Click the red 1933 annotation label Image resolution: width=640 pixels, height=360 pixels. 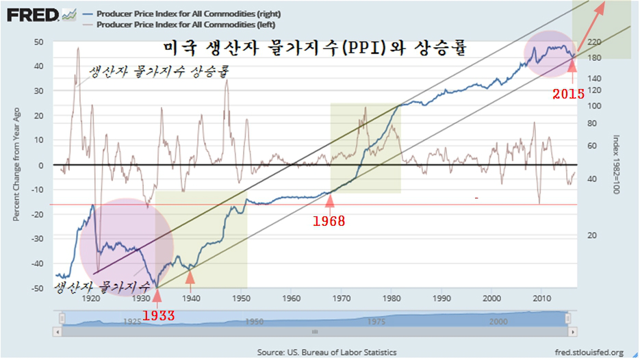(157, 316)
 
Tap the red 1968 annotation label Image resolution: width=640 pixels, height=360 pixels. (329, 221)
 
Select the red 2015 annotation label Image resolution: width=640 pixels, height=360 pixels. (568, 94)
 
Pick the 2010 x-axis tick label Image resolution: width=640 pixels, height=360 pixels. (541, 298)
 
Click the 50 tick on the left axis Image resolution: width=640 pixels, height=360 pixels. (39, 42)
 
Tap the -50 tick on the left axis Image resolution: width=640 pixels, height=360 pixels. (38, 288)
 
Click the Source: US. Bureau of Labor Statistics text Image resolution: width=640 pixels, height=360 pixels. (327, 352)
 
